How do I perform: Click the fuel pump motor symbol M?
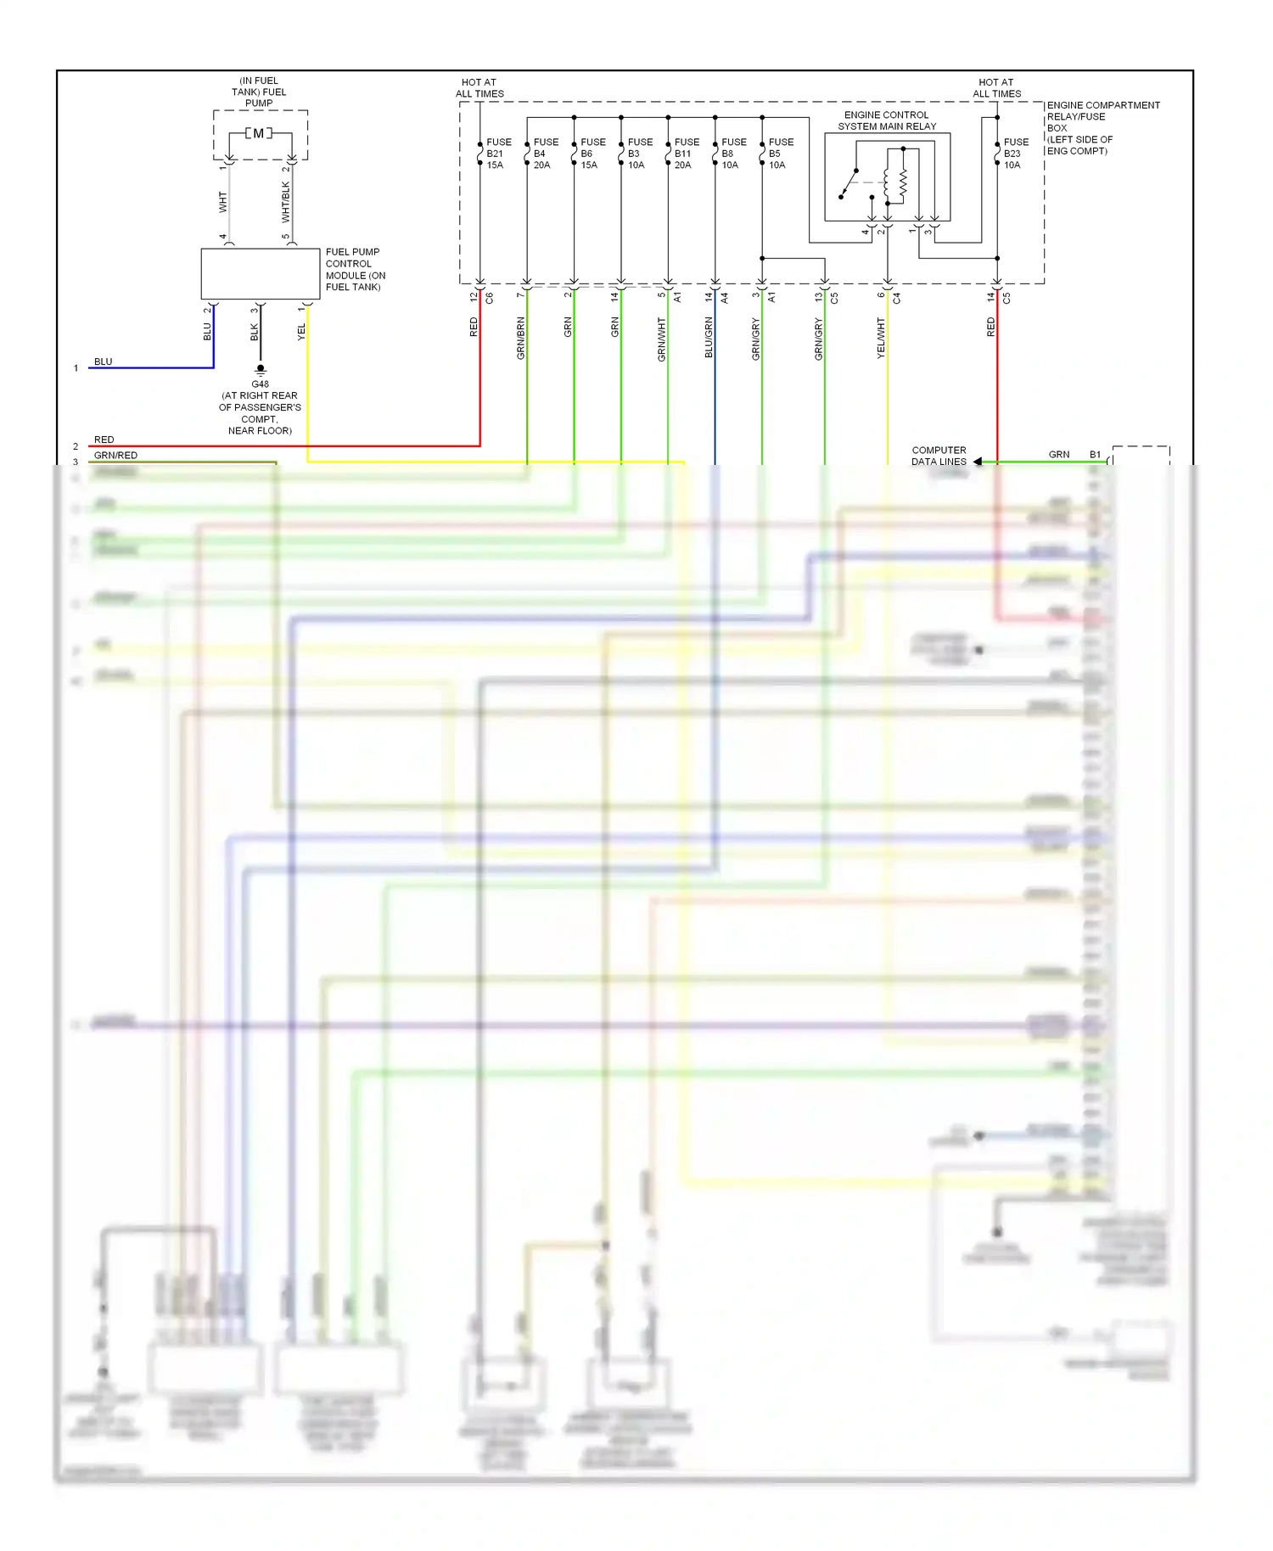point(259,133)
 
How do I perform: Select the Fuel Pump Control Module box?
point(260,273)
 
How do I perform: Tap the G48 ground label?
point(260,384)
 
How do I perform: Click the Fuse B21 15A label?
point(497,154)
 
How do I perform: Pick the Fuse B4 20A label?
point(544,154)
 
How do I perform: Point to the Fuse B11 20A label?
point(685,154)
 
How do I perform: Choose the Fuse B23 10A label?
point(1014,154)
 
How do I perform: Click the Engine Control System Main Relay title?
point(887,120)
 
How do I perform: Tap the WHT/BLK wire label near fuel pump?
point(286,202)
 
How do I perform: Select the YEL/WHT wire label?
point(881,338)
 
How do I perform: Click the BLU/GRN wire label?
point(709,338)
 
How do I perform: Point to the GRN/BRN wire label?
point(521,338)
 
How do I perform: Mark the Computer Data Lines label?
point(939,456)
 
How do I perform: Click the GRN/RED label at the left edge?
point(115,456)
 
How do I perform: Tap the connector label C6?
point(490,298)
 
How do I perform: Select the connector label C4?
point(897,298)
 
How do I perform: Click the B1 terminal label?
point(1095,455)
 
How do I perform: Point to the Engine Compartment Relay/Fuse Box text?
point(1102,128)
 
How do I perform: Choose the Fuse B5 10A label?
point(779,154)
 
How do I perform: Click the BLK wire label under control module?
point(254,332)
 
